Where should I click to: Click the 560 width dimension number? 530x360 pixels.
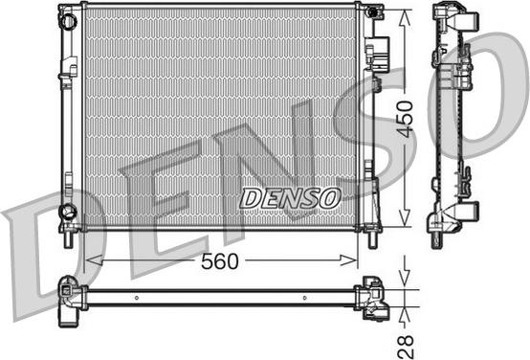tap(220, 261)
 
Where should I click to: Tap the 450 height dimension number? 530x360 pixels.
tap(406, 119)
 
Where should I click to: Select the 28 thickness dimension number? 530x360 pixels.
tap(406, 347)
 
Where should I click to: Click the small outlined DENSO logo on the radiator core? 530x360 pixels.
tap(290, 198)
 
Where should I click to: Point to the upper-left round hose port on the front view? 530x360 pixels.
tap(69, 21)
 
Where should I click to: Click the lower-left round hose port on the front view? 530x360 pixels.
tap(68, 212)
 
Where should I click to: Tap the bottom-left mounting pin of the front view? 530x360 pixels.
tap(69, 239)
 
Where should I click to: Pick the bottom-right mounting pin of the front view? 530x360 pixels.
tap(373, 240)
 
